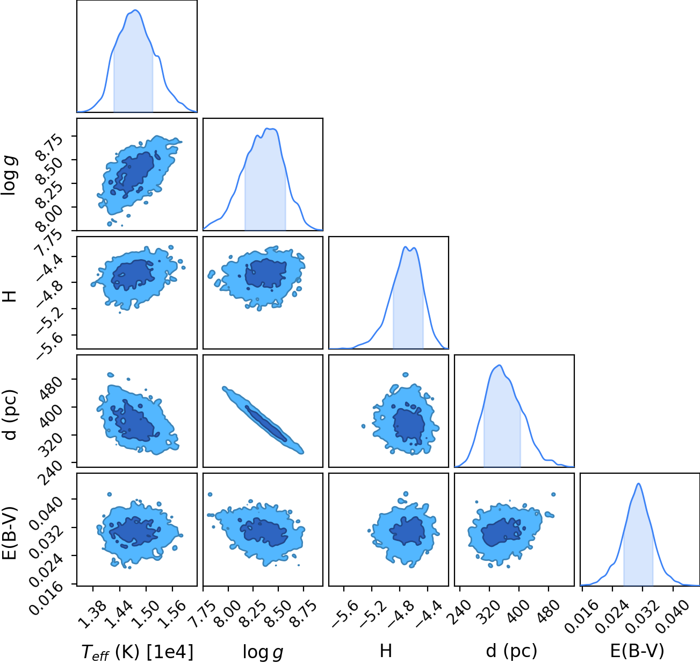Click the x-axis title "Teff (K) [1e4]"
[x=138, y=652]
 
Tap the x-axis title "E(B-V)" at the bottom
[x=637, y=651]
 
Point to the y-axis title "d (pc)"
[x=10, y=415]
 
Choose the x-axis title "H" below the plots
[x=386, y=651]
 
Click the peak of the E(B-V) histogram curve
[x=639, y=484]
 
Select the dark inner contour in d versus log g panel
[x=265, y=424]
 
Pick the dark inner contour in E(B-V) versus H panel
[x=407, y=531]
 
